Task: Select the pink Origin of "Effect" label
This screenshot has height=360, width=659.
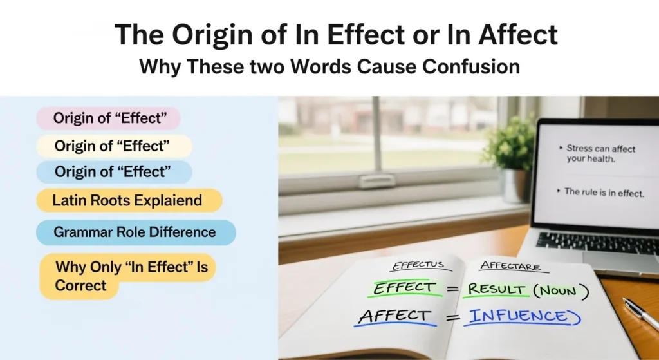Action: tap(108, 118)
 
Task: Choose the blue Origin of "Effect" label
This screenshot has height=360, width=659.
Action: tap(113, 172)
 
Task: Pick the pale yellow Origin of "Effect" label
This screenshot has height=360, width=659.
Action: tap(113, 146)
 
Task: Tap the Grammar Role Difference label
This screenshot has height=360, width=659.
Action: tap(135, 232)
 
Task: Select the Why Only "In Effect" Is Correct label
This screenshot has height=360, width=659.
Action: tap(127, 276)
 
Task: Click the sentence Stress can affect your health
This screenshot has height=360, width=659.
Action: tap(600, 153)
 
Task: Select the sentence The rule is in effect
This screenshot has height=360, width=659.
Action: tap(604, 192)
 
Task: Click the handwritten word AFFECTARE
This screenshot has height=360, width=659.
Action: tap(510, 266)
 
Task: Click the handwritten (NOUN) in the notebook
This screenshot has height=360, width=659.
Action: tap(564, 291)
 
